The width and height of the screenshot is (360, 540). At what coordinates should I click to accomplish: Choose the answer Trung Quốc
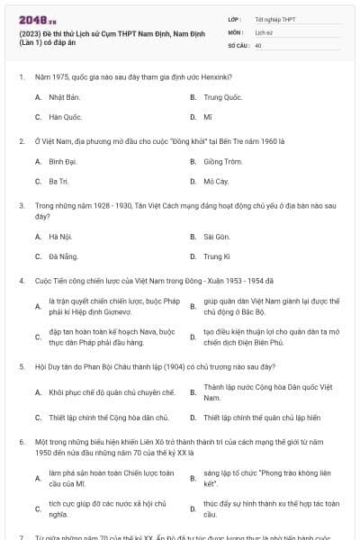pyautogui.click(x=222, y=96)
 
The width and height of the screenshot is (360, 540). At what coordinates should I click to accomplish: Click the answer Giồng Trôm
pyautogui.click(x=222, y=162)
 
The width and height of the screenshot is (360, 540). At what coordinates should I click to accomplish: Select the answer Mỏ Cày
pyautogui.click(x=216, y=182)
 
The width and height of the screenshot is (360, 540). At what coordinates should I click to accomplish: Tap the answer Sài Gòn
pyautogui.click(x=217, y=237)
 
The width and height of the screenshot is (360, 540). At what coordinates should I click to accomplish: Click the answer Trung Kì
pyautogui.click(x=217, y=256)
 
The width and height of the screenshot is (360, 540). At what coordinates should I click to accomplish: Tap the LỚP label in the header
pyautogui.click(x=234, y=19)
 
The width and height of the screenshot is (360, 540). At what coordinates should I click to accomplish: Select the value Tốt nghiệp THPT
pyautogui.click(x=274, y=19)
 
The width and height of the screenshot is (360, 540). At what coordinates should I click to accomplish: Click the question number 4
pyautogui.click(x=21, y=281)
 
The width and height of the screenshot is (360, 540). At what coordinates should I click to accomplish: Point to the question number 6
pyautogui.click(x=21, y=443)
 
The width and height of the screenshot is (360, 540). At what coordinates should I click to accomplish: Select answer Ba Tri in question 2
pyautogui.click(x=58, y=182)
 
